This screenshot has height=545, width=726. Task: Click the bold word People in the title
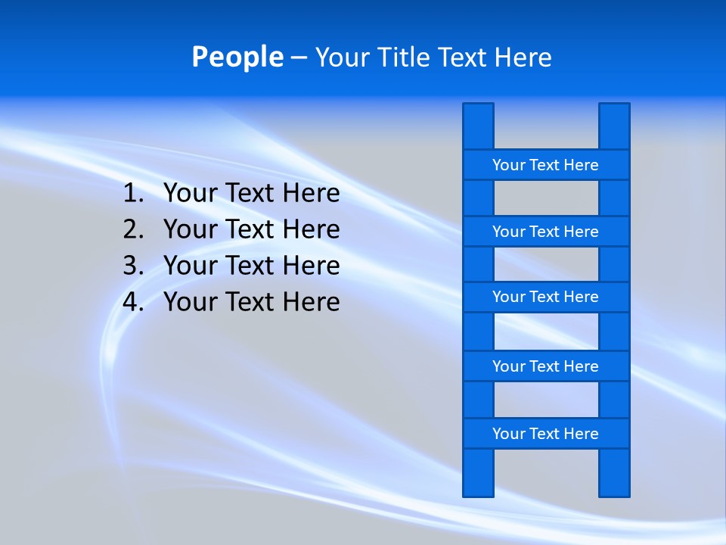pos(237,58)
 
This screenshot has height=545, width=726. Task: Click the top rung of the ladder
pos(545,165)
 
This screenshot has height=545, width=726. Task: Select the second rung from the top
pos(545,232)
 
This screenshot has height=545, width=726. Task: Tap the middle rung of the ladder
pos(545,297)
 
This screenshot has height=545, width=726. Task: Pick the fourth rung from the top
pos(545,366)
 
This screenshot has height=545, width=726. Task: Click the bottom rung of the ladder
pos(545,434)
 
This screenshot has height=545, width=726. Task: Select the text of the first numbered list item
pos(252,194)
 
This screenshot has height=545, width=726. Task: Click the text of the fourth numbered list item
pos(252,302)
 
